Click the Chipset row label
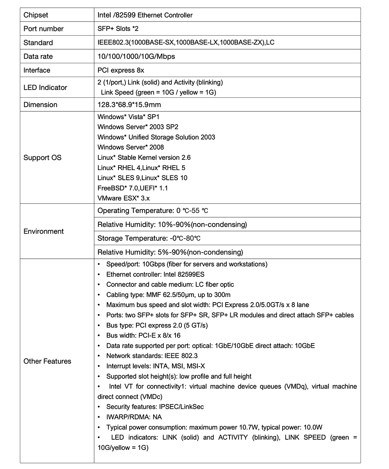tap(36, 15)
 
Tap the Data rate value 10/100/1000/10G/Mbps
tap(136, 56)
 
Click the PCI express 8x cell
tap(121, 70)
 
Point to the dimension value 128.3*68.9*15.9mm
tap(129, 105)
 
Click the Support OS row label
tap(42, 158)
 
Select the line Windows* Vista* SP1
tap(128, 116)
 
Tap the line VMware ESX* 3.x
tap(124, 198)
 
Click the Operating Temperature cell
tap(153, 211)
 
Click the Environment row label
tap(43, 231)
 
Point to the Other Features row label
tap(47, 361)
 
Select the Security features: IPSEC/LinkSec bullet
tap(155, 406)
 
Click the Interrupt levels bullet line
tap(156, 366)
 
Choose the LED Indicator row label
tap(45, 87)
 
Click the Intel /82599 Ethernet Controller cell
tap(145, 15)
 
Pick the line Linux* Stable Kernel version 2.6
tap(144, 158)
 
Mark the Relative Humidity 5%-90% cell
tap(170, 252)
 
